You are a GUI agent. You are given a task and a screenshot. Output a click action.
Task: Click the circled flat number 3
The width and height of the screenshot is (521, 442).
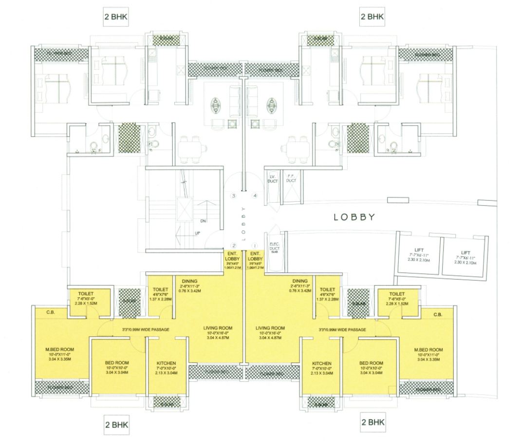pos(234,196)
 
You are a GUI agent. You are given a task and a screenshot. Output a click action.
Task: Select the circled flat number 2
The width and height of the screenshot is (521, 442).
pos(234,246)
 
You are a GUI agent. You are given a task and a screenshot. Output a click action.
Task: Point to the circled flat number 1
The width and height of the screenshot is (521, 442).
pos(254,246)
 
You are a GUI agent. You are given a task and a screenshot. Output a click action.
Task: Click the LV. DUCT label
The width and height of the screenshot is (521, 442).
pos(272,178)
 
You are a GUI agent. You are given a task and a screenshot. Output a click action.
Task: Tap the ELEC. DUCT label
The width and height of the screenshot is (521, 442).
pos(273,248)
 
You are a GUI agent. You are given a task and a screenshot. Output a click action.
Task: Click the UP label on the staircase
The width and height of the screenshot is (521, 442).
pos(198,233)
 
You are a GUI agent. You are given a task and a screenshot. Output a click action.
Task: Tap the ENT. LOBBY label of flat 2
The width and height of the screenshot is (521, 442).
pos(232,256)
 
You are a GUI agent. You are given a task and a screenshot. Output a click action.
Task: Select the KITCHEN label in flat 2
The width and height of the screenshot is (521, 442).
pos(166,364)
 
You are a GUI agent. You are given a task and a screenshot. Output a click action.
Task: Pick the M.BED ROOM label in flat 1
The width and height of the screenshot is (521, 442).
pos(428,350)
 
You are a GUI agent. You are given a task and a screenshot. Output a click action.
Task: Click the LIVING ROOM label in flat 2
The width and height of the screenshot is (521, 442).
pos(218,328)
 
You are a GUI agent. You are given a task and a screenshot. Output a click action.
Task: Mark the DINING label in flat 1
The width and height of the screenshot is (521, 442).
pos(300,281)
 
